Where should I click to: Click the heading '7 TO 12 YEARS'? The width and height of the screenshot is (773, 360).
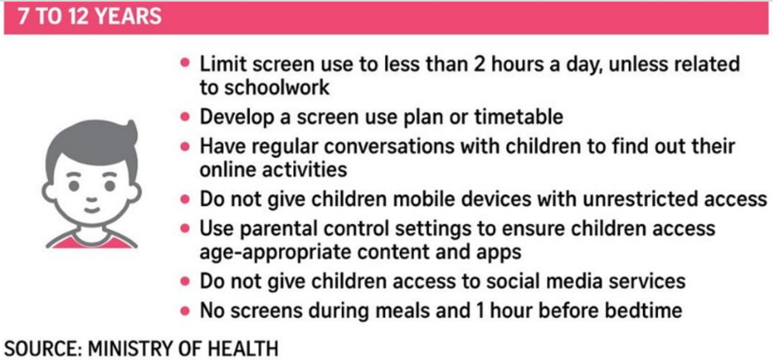coord(90,16)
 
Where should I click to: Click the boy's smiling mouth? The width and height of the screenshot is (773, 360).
coord(91,209)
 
